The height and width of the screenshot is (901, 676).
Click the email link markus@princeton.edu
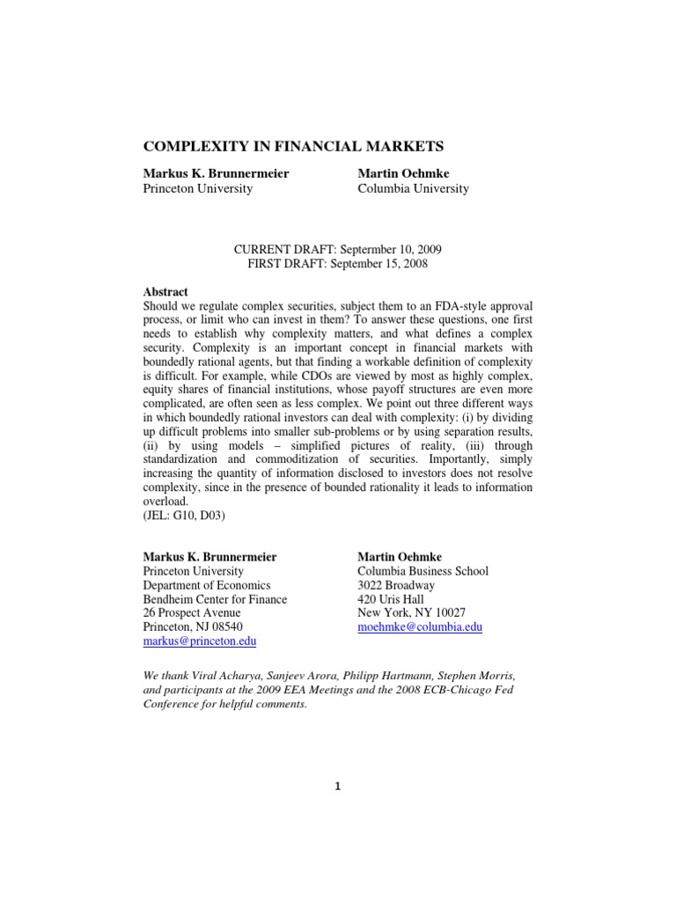click(199, 641)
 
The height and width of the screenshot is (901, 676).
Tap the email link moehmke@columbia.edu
click(420, 627)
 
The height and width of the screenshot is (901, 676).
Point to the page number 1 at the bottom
click(337, 787)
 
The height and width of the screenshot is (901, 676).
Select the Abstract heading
click(165, 292)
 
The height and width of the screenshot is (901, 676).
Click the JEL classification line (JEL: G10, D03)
click(184, 516)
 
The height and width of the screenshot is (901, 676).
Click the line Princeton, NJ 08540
click(195, 627)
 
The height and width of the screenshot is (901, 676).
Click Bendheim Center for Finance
click(215, 599)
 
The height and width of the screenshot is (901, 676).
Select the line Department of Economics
click(207, 585)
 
